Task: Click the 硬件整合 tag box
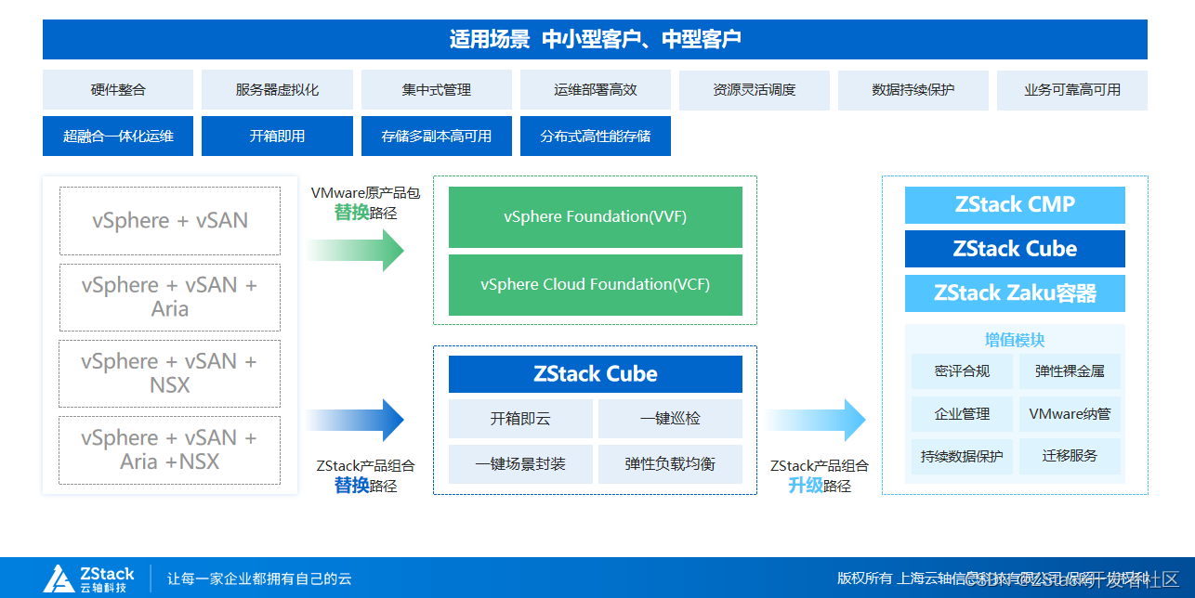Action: [x=118, y=90]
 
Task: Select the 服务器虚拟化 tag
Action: [x=277, y=90]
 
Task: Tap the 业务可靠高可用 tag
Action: [x=1072, y=90]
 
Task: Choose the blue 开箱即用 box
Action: [x=277, y=136]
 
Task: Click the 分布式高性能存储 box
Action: [x=596, y=136]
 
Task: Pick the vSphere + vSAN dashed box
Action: [x=170, y=221]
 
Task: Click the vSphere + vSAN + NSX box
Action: [x=170, y=373]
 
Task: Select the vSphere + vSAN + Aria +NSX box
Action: [x=170, y=450]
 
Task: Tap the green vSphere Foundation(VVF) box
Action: [x=596, y=217]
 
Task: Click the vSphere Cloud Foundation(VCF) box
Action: [x=596, y=285]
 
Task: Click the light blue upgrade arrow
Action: [x=815, y=421]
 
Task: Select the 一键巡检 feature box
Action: [x=670, y=419]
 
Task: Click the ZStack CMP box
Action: [x=1015, y=205]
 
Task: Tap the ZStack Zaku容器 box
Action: [x=1015, y=293]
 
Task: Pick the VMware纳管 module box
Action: [x=1070, y=414]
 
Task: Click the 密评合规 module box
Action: [x=962, y=371]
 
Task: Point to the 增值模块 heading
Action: [x=1015, y=340]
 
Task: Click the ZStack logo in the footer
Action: [x=89, y=578]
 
